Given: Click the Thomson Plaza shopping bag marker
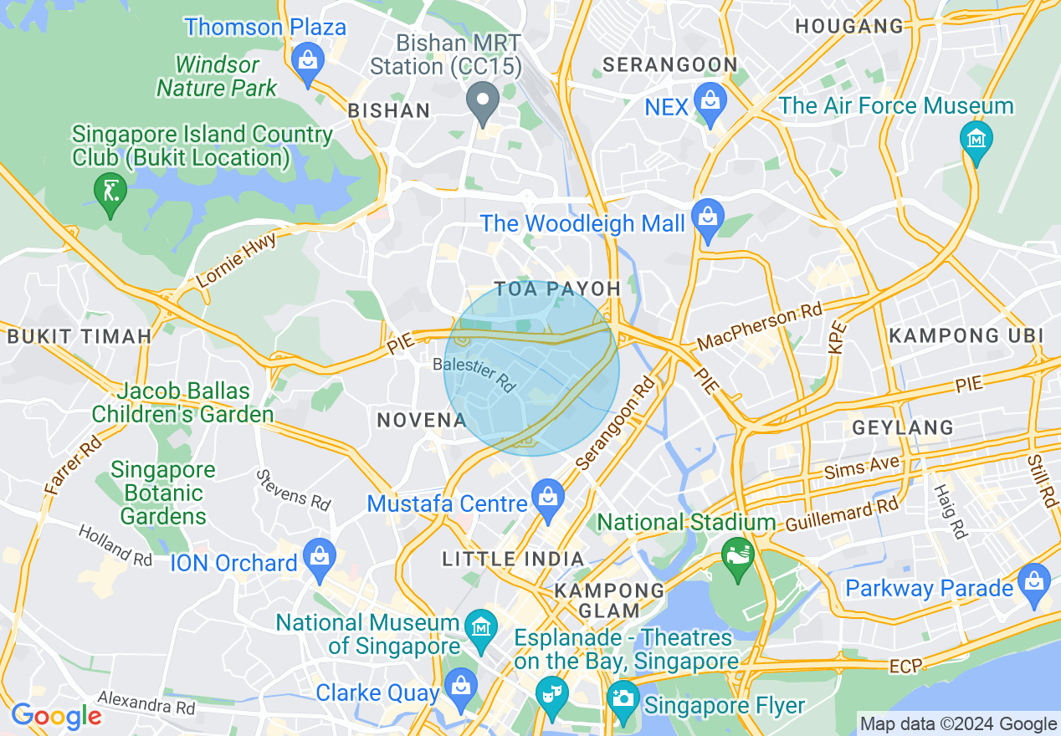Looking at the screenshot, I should point(309,61).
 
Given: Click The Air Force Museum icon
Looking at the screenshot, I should point(976,137).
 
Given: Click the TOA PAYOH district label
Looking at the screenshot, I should point(557,289).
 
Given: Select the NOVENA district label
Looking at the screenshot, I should point(421,420).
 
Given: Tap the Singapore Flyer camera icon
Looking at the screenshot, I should point(623,697).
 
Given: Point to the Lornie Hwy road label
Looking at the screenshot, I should point(237,260).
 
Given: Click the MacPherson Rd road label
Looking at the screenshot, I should point(760,326).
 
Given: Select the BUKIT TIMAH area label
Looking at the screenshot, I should point(79,336).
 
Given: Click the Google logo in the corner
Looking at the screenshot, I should point(56,716).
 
